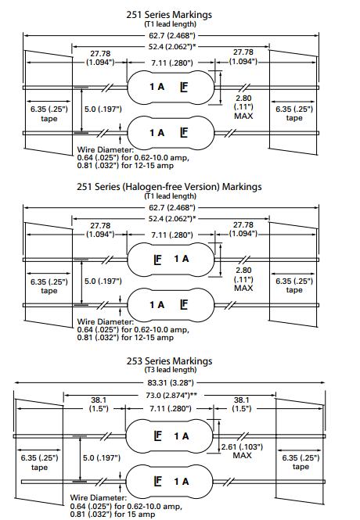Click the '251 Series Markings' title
tap(169, 15)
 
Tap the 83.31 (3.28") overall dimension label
tap(171, 382)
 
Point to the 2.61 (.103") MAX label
tap(242, 451)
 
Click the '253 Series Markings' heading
tap(169, 360)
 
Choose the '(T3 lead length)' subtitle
tap(170, 370)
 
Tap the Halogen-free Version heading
tap(169, 187)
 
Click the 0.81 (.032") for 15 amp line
tap(113, 515)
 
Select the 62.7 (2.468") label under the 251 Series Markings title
tap(172, 35)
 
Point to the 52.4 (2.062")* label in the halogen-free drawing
tap(172, 218)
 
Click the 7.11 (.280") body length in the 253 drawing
tap(171, 408)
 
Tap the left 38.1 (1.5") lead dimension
tap(99, 404)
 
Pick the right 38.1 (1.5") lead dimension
tap(242, 404)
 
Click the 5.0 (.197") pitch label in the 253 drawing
tap(102, 458)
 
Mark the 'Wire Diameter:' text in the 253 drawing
tap(99, 498)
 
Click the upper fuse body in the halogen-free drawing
tap(171, 259)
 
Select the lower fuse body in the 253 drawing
tap(169, 482)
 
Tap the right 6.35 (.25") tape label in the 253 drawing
tap(301, 462)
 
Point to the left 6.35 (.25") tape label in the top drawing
tap(49, 113)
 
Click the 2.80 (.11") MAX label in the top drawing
tap(243, 107)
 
